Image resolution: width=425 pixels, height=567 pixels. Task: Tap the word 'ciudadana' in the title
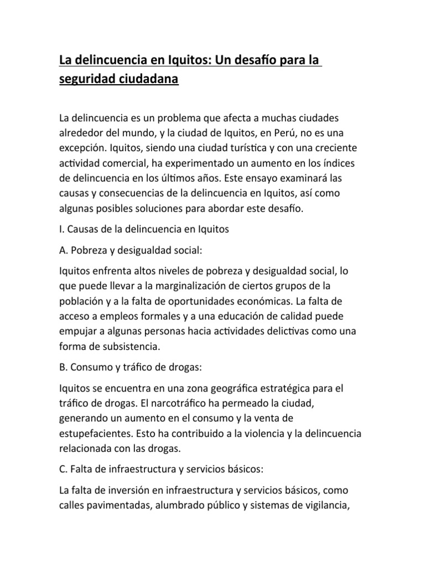(149, 79)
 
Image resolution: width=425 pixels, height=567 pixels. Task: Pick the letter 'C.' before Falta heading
(63, 469)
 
